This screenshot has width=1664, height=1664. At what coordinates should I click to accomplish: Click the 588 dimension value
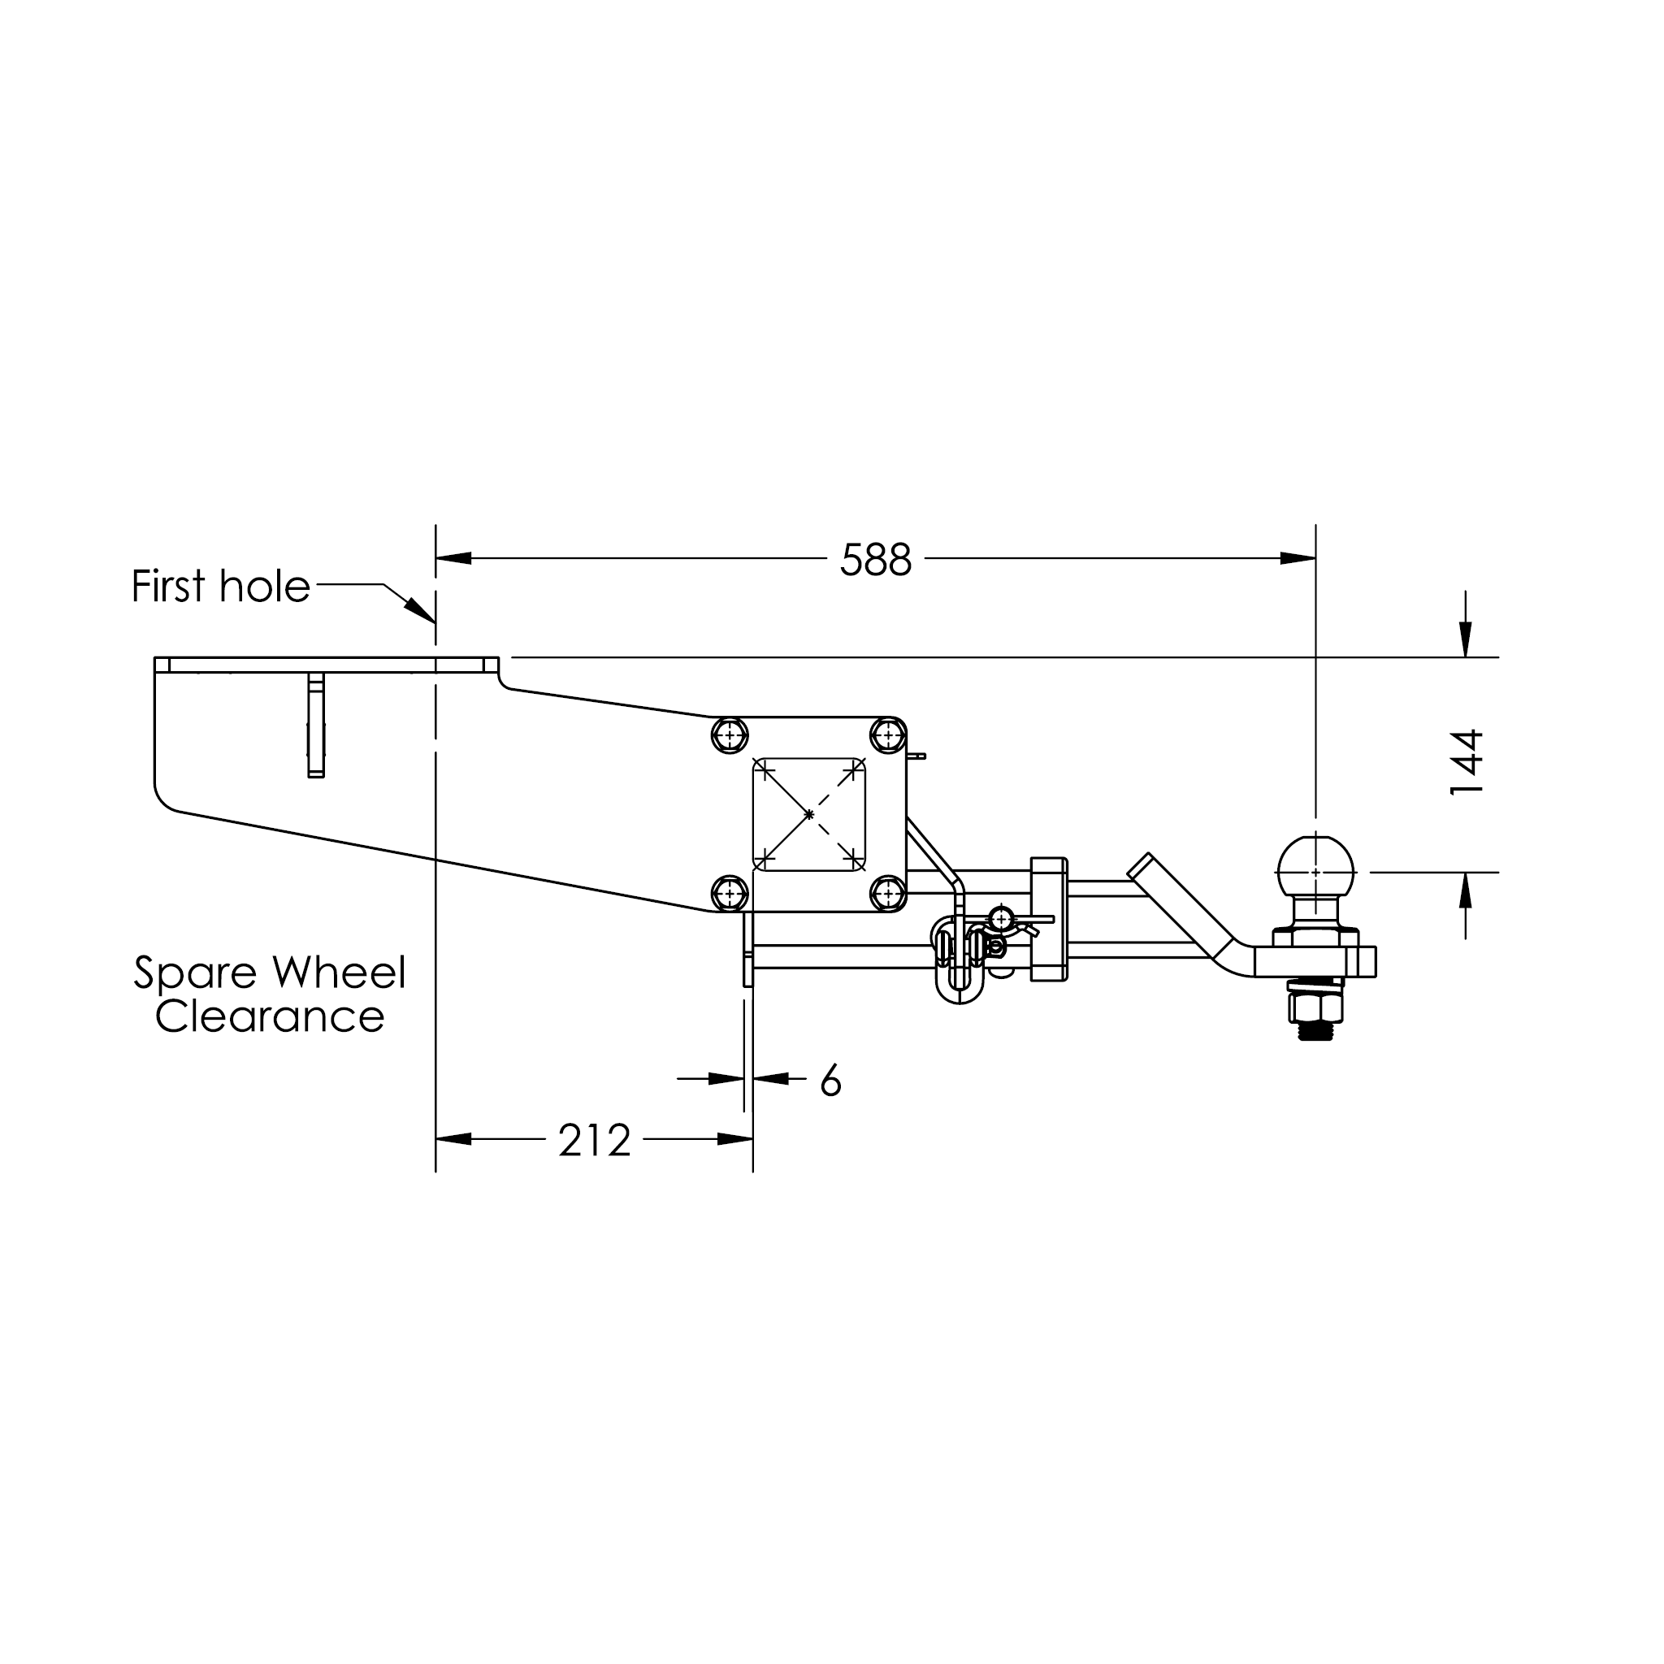(875, 560)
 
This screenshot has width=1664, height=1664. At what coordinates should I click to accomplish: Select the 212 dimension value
(594, 1140)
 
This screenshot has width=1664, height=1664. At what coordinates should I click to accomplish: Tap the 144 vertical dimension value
(1466, 762)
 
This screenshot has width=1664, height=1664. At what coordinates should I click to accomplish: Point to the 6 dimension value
(830, 1080)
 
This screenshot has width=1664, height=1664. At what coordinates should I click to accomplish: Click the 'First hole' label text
(220, 587)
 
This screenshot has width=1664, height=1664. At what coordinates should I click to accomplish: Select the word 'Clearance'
(270, 1016)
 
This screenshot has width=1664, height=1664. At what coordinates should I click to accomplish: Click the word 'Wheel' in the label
(340, 973)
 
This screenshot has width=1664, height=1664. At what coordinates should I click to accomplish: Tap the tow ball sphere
(1315, 870)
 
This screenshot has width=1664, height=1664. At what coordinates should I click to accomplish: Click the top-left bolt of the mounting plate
(730, 735)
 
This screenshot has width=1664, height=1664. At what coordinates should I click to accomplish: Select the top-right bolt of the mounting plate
(888, 735)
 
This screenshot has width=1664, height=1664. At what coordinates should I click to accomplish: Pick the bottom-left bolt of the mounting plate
(730, 894)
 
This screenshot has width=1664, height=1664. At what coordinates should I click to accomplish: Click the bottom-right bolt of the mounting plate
(888, 894)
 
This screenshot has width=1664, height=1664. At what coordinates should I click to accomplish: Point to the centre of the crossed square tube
(808, 815)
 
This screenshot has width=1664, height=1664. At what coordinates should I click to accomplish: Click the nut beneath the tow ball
(1315, 1007)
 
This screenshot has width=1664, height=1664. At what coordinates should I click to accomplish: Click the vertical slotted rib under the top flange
(316, 726)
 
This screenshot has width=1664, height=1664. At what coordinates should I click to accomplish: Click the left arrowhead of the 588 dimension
(453, 558)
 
